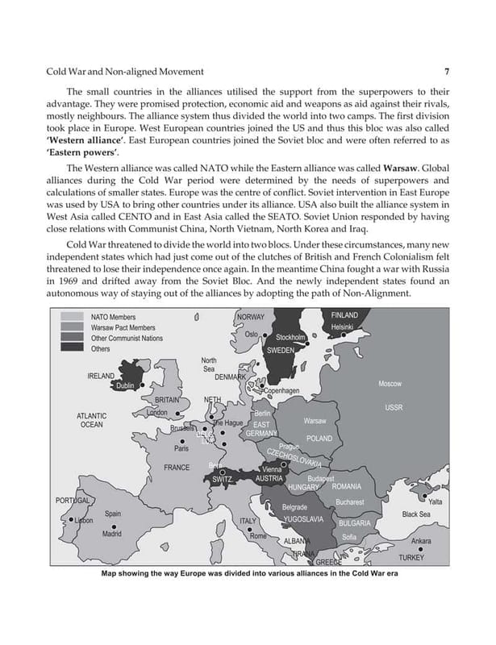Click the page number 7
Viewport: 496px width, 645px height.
click(446, 72)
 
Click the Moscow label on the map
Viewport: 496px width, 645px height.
click(390, 384)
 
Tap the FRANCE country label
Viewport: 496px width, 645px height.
click(177, 468)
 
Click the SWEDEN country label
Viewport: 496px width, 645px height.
click(280, 351)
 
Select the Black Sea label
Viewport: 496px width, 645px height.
click(416, 514)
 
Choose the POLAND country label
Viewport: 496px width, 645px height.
click(319, 439)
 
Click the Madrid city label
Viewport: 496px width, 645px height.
click(112, 534)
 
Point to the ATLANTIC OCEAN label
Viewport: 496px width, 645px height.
click(91, 420)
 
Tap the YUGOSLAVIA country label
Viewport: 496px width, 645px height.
click(304, 518)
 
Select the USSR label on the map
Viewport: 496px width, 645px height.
click(394, 408)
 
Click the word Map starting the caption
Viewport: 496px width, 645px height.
click(111, 574)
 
